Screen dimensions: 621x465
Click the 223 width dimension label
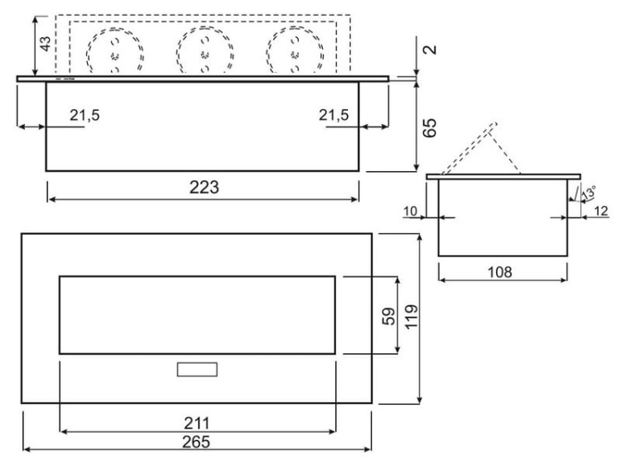pos(204,187)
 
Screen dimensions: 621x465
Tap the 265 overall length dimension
pos(196,442)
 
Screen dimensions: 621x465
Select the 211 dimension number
pos(196,424)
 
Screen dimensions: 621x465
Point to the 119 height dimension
pos(412,316)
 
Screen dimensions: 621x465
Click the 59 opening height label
pos(389,316)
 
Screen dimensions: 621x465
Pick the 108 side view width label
pos(499,272)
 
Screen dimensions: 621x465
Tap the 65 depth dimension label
pos(429,127)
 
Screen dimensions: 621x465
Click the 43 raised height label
pos(46,44)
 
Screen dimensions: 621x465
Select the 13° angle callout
pos(589,193)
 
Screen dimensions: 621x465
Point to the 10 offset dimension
pos(411,211)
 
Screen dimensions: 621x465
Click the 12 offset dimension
pos(601,211)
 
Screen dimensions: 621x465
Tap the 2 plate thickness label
pos(430,50)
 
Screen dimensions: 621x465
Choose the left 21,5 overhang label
pos(84,115)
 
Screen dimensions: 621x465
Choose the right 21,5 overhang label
pos(334,115)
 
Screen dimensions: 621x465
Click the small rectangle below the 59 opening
pos(197,369)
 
